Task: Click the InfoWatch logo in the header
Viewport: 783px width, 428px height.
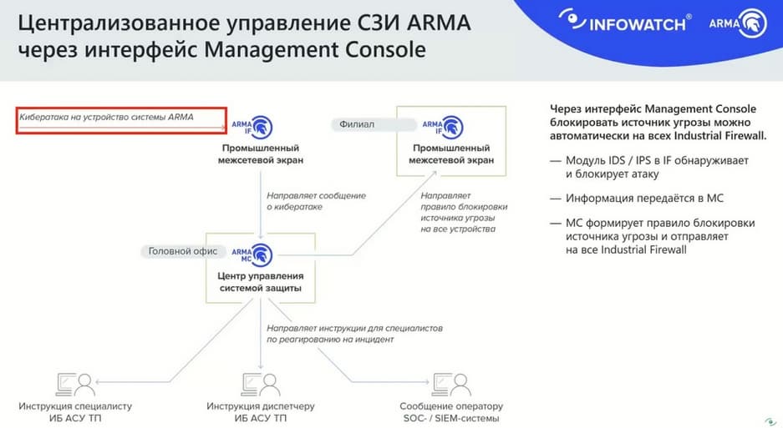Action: pyautogui.click(x=625, y=22)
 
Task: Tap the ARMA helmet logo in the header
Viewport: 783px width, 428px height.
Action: pyautogui.click(x=738, y=23)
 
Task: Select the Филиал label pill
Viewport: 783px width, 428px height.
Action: pyautogui.click(x=373, y=124)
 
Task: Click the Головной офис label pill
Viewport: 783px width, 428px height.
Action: pyautogui.click(x=183, y=251)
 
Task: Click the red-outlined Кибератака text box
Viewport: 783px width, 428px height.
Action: pyautogui.click(x=121, y=121)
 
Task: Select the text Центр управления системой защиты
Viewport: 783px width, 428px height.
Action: pyautogui.click(x=261, y=282)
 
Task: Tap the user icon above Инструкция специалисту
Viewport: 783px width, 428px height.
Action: pyautogui.click(x=75, y=385)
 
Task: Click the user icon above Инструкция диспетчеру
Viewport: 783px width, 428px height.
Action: pyautogui.click(x=260, y=385)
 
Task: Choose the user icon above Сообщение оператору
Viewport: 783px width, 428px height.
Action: pyautogui.click(x=451, y=385)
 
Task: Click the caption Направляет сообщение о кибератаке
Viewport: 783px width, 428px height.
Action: pyautogui.click(x=316, y=201)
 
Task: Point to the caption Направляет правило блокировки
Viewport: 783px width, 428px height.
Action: pyautogui.click(x=464, y=213)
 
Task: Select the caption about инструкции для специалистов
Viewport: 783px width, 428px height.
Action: pyautogui.click(x=354, y=334)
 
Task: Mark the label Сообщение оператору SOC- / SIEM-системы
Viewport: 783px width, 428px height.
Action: pyautogui.click(x=451, y=412)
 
